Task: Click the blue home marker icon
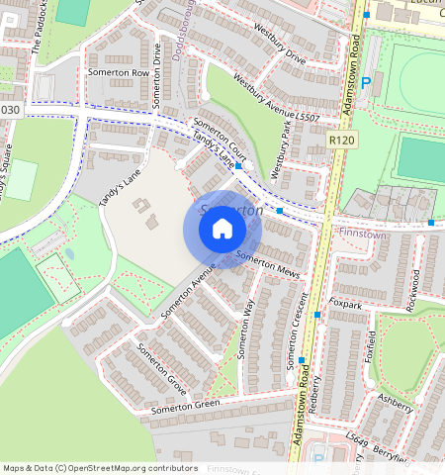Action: [222, 230]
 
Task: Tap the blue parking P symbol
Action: [366, 84]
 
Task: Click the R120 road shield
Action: [341, 142]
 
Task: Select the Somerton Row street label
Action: [118, 73]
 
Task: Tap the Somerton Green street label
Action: [185, 406]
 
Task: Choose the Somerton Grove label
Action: [161, 365]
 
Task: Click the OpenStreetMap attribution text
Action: [101, 468]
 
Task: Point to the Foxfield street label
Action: [372, 348]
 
